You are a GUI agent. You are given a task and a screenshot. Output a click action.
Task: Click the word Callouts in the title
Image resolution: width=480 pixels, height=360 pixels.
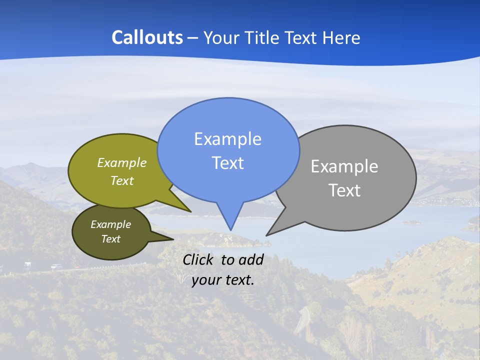[147, 37]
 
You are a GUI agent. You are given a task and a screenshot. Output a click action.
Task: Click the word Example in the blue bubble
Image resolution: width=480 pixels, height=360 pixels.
[227, 139]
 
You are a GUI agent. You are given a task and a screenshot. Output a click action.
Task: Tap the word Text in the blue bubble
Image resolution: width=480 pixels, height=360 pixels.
[227, 163]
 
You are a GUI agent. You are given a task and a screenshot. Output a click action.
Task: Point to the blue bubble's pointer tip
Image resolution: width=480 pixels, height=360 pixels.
[230, 230]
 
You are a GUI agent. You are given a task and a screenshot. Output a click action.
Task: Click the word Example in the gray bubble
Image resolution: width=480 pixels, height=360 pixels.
[344, 166]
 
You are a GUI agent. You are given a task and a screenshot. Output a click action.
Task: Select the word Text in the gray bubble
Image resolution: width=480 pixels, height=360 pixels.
[344, 190]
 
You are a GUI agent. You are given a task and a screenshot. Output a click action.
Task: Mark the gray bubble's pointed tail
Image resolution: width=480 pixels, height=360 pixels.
[267, 235]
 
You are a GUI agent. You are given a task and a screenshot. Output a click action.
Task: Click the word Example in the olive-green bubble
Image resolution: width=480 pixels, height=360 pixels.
[122, 162]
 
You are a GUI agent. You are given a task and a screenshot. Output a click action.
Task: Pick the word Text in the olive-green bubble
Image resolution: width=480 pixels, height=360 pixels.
[121, 180]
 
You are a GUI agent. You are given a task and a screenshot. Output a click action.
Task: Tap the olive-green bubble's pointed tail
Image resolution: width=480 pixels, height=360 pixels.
[190, 211]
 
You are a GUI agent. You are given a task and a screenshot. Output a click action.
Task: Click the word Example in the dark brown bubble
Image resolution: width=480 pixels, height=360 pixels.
[110, 224]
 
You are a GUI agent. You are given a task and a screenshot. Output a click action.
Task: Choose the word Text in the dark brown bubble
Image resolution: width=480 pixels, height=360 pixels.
[110, 239]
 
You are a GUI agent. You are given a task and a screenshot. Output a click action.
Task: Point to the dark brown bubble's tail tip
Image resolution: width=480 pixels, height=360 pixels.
[173, 239]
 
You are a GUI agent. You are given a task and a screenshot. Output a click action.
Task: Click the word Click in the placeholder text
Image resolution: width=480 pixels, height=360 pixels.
[199, 259]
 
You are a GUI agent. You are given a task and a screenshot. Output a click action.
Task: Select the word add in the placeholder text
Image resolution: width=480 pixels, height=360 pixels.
[251, 259]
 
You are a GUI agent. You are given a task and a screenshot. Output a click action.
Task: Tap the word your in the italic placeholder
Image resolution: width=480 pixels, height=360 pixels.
[206, 279]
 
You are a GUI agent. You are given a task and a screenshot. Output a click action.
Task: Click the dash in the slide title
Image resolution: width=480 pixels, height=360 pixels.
[193, 37]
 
